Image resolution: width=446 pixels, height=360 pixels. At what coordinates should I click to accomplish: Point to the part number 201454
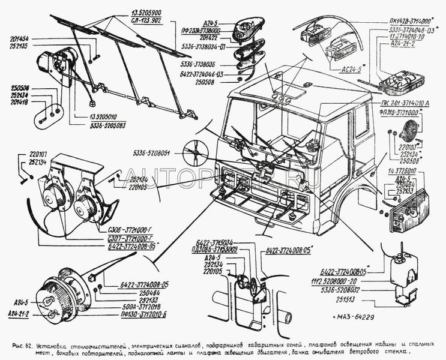coord(20,38)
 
